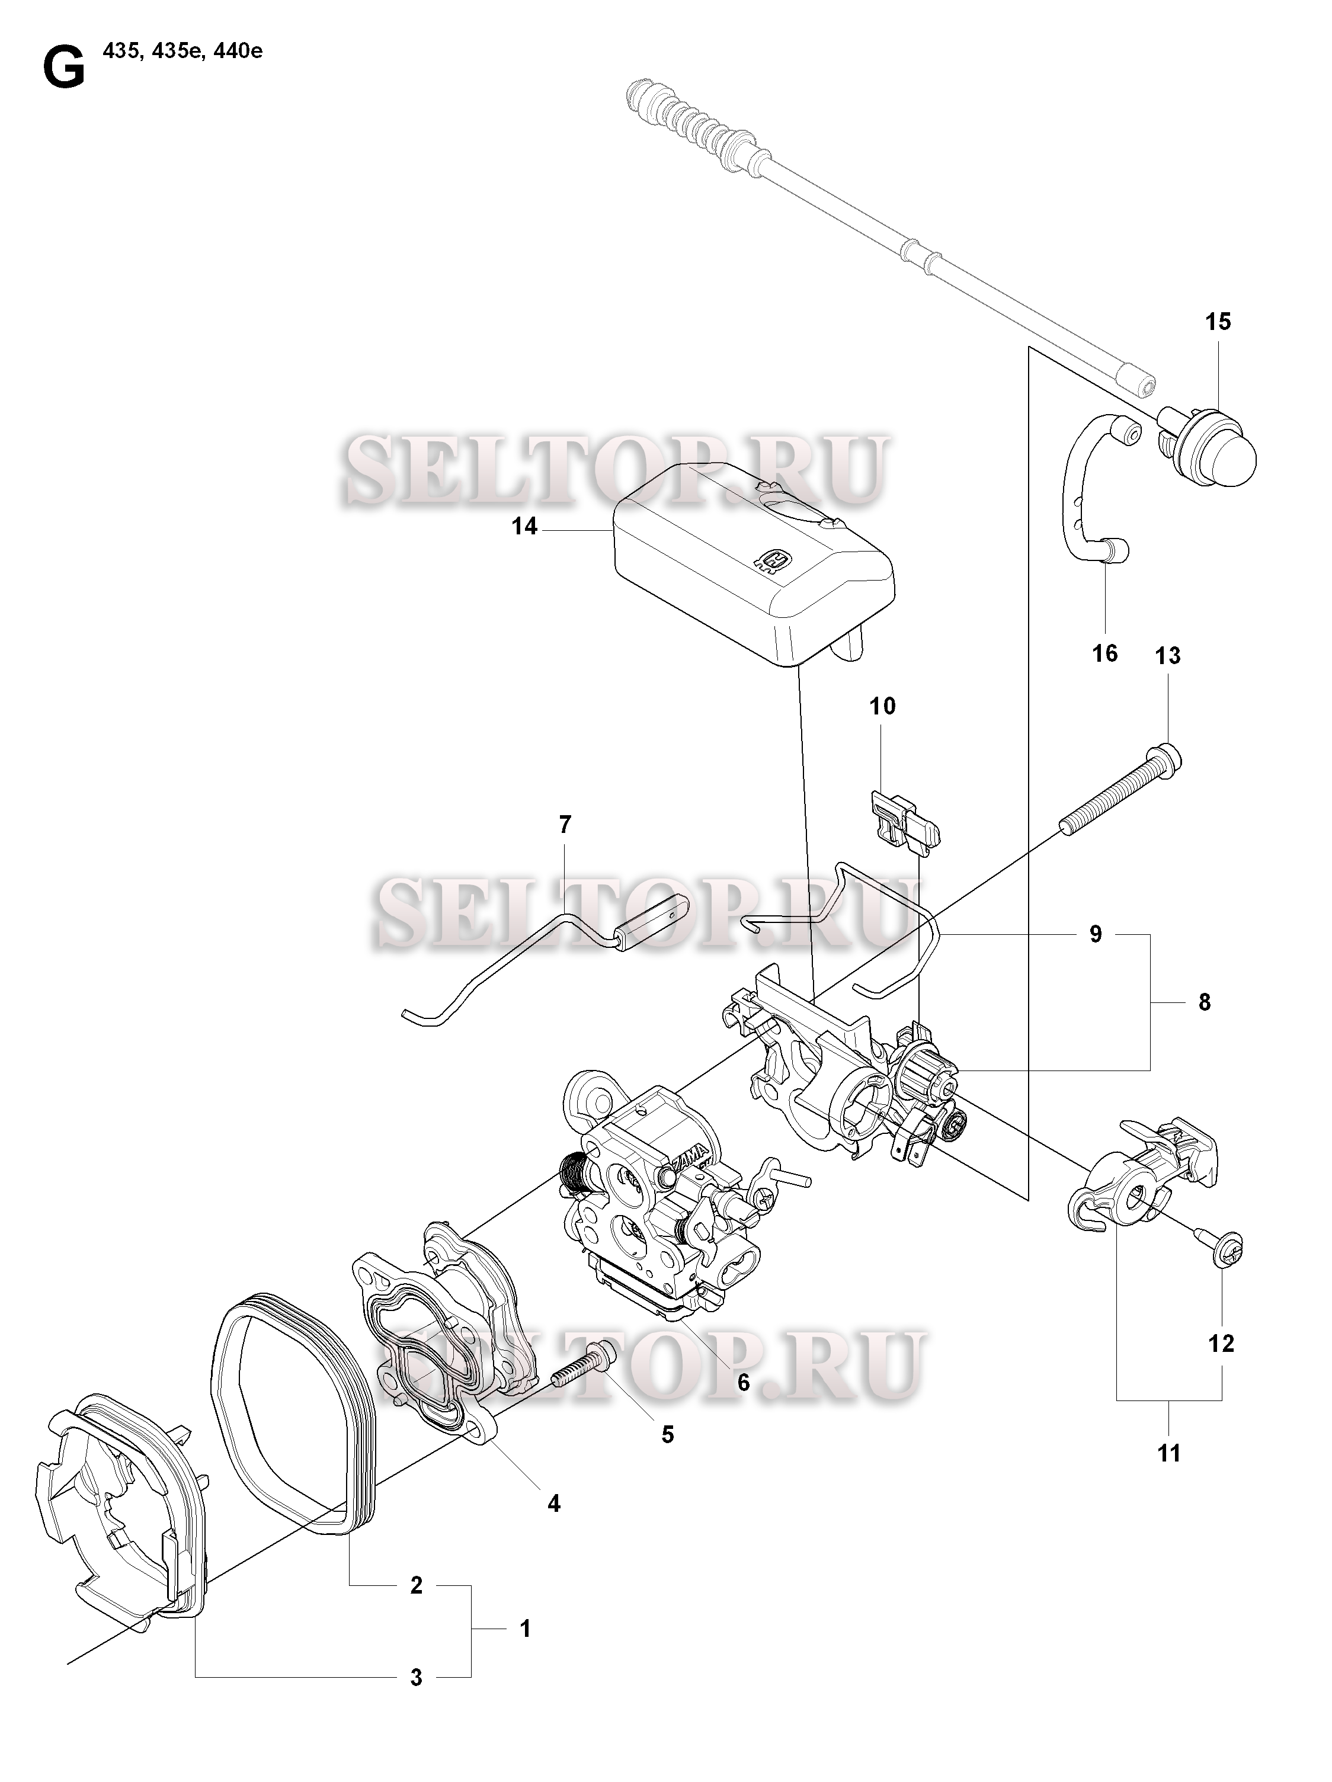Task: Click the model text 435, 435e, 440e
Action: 182,52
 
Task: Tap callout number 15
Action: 1218,322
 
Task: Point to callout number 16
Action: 1104,652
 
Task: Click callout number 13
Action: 1168,655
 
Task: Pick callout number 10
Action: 882,707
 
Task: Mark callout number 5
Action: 667,1435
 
